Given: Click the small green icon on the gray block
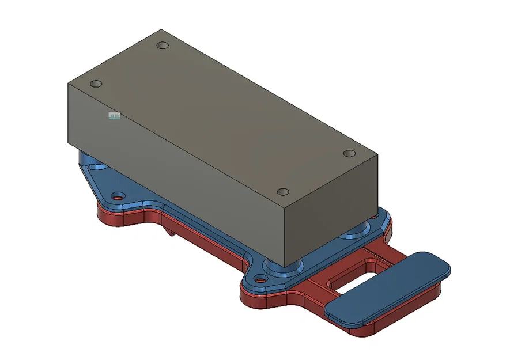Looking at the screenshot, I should (x=114, y=116).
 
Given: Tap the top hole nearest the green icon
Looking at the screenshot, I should (x=96, y=84).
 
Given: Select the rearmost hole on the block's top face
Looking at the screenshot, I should (x=163, y=45).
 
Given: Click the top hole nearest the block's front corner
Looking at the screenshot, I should (x=282, y=191).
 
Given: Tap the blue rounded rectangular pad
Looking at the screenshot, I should (x=387, y=285).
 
